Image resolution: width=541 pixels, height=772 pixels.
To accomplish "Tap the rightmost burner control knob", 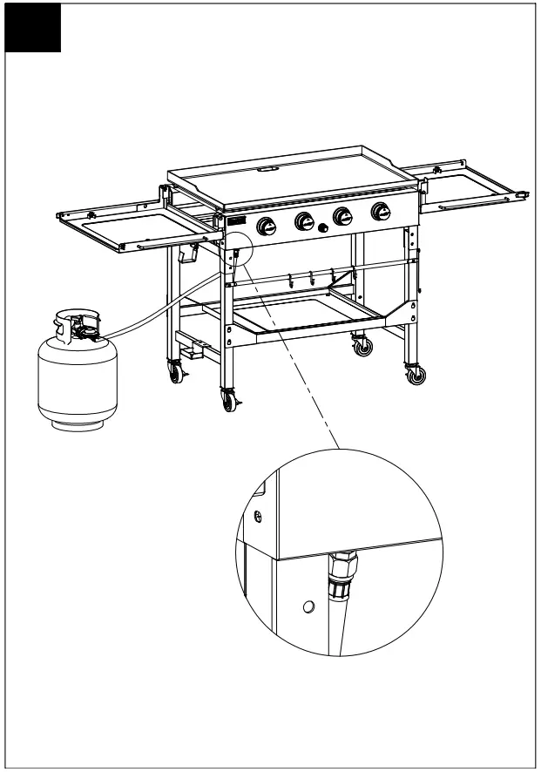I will [380, 212].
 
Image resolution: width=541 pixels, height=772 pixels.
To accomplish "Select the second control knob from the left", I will [305, 221].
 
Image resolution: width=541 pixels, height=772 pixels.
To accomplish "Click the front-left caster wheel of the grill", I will [230, 402].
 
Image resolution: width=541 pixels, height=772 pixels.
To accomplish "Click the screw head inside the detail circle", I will [258, 517].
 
